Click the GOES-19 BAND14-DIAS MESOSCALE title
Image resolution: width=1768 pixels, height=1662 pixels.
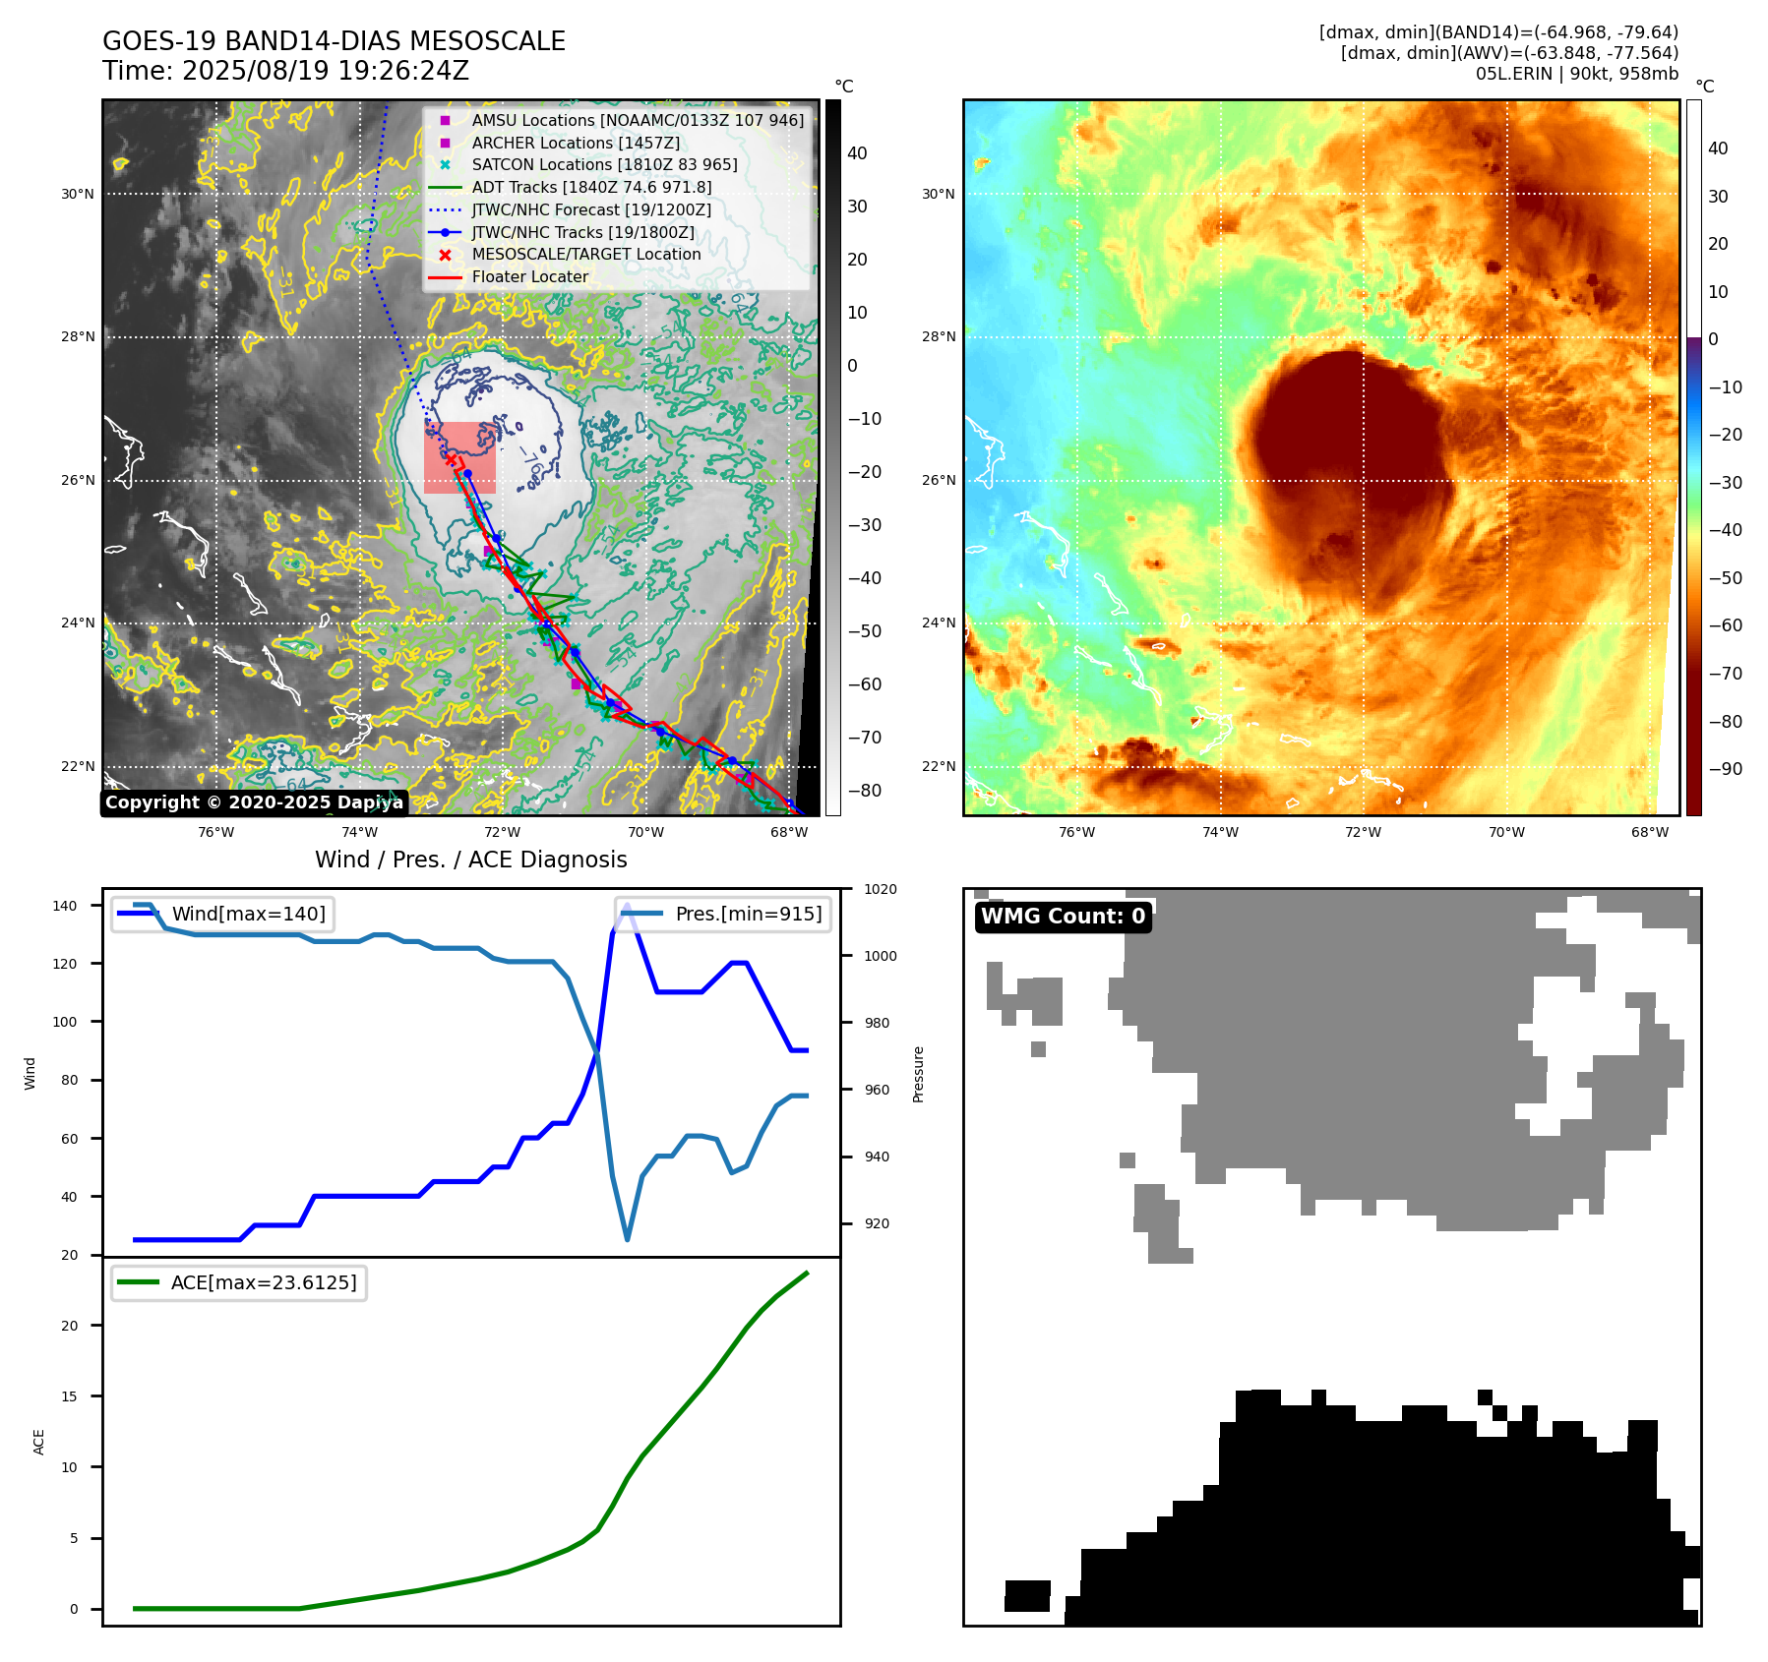(334, 41)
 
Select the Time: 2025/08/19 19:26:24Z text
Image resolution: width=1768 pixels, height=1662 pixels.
(285, 71)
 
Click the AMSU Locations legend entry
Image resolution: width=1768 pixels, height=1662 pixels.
(637, 120)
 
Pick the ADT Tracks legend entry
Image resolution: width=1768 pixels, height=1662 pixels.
(590, 187)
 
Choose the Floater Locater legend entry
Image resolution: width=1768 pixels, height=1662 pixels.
(529, 276)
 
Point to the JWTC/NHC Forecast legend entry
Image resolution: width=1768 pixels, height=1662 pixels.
(590, 209)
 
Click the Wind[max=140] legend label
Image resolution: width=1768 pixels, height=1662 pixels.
(248, 914)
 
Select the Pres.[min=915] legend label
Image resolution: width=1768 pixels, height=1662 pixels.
(748, 914)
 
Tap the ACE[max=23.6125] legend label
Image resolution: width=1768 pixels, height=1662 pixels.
(263, 1282)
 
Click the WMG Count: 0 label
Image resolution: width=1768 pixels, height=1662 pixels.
(1063, 917)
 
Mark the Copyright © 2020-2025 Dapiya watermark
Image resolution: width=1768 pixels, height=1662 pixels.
(254, 802)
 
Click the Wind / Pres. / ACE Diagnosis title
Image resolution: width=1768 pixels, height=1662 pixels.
(470, 860)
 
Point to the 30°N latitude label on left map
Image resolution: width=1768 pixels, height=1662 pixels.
(78, 194)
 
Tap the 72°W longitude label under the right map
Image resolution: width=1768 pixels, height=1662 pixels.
(1363, 832)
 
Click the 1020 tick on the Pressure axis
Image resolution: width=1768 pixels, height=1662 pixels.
(880, 889)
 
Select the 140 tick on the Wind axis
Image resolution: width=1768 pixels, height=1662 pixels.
(64, 906)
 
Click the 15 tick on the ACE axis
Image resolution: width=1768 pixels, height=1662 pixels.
(69, 1396)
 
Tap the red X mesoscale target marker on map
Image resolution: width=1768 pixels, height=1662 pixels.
(451, 458)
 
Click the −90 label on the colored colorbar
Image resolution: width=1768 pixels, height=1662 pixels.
(1725, 769)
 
